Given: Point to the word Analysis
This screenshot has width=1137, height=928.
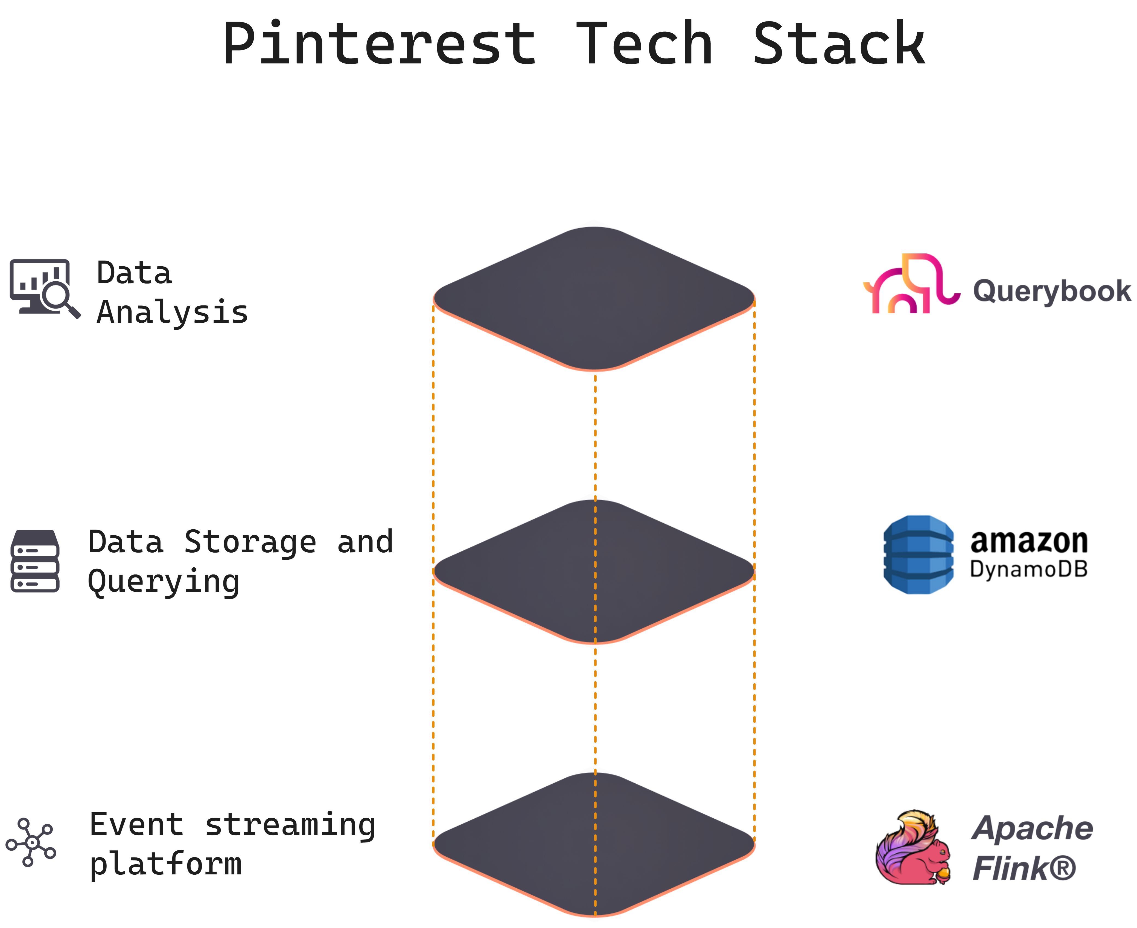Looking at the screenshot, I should pos(172,313).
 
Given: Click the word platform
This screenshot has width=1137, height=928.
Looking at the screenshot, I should pos(166,864).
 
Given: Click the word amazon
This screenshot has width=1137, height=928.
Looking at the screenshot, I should pos(1029,541).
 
